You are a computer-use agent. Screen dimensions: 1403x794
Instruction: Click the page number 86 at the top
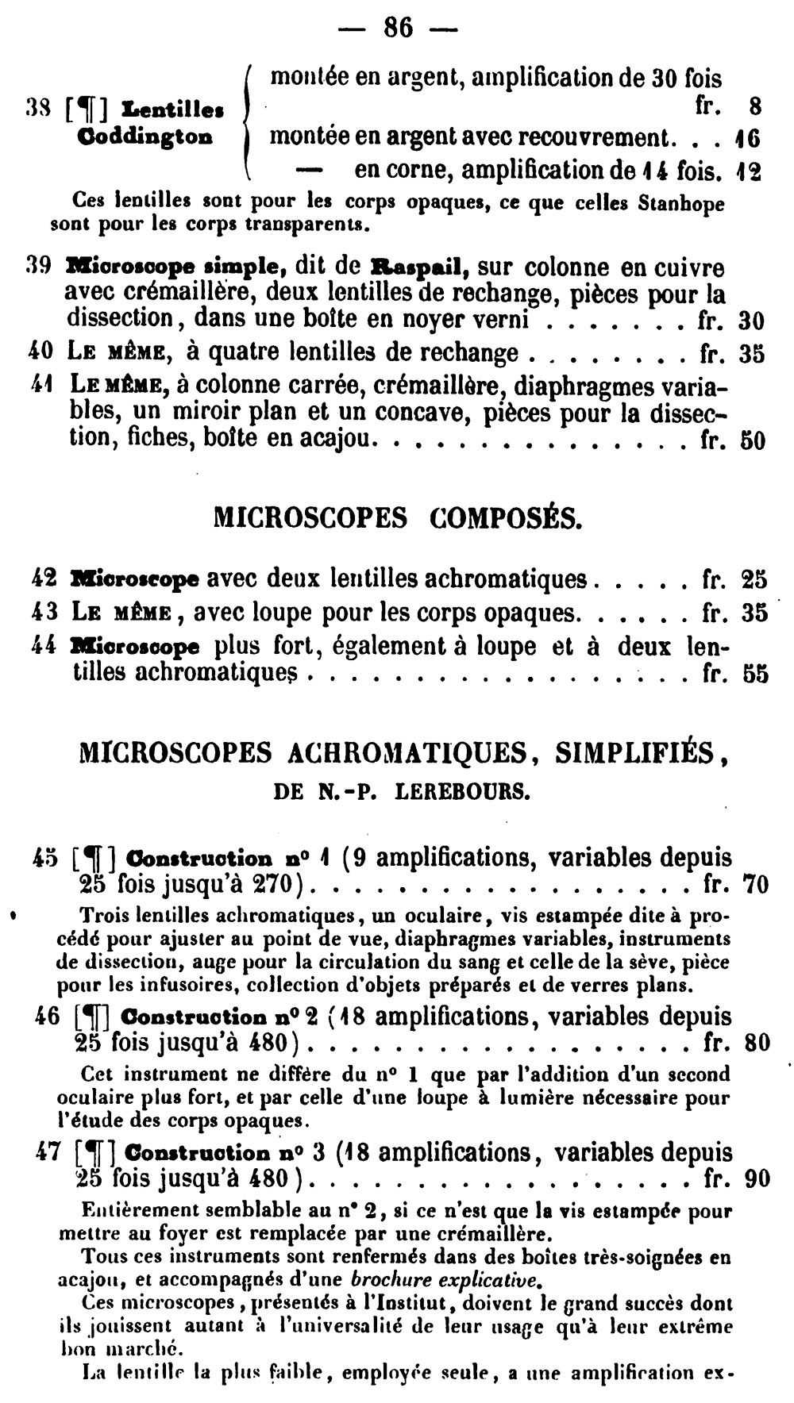click(x=398, y=28)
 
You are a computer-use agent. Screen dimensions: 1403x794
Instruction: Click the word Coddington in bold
click(x=145, y=136)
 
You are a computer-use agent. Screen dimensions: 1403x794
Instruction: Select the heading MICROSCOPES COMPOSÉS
click(x=398, y=518)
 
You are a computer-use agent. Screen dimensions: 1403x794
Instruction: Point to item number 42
click(x=44, y=578)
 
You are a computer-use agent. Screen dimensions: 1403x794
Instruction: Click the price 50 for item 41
click(x=752, y=440)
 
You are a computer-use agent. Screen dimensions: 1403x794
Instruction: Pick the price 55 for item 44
click(x=754, y=675)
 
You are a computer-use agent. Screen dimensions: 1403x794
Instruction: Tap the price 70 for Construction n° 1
click(x=755, y=884)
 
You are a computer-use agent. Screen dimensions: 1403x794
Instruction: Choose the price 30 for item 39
click(x=751, y=321)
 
